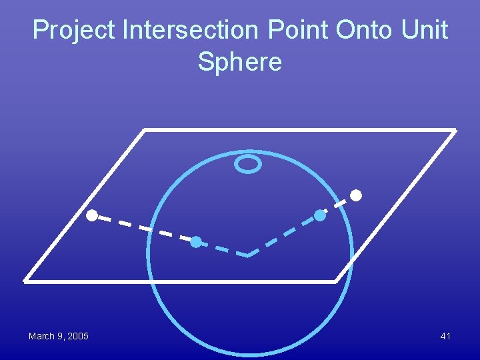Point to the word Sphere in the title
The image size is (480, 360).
pyautogui.click(x=240, y=62)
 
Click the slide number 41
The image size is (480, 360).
pyautogui.click(x=445, y=336)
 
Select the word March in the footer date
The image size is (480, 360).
pyautogui.click(x=42, y=336)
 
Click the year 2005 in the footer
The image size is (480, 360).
pyautogui.click(x=77, y=336)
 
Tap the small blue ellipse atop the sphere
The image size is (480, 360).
pyautogui.click(x=247, y=163)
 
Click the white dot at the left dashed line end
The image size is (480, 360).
pyautogui.click(x=91, y=215)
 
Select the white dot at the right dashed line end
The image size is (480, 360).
pyautogui.click(x=357, y=195)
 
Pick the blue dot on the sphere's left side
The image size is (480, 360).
pyautogui.click(x=195, y=242)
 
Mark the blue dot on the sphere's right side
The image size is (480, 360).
pyautogui.click(x=320, y=215)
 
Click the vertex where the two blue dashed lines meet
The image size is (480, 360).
pyautogui.click(x=247, y=255)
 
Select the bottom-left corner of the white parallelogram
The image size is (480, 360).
pyautogui.click(x=25, y=281)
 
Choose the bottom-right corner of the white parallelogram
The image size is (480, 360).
pyautogui.click(x=336, y=281)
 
